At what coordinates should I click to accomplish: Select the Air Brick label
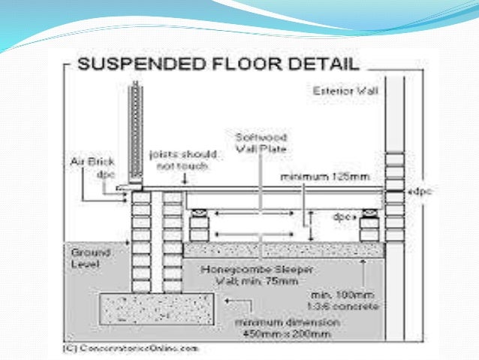coord(91,162)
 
